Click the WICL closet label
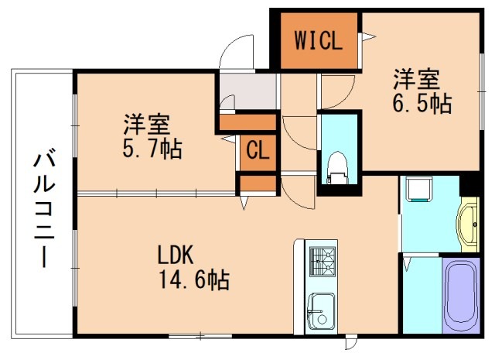(x=316, y=40)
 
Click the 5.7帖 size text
(x=152, y=149)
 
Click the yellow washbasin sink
(x=469, y=225)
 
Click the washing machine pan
(x=421, y=189)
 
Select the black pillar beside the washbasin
(x=469, y=186)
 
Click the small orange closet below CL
(x=258, y=183)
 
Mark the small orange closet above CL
(x=248, y=121)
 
